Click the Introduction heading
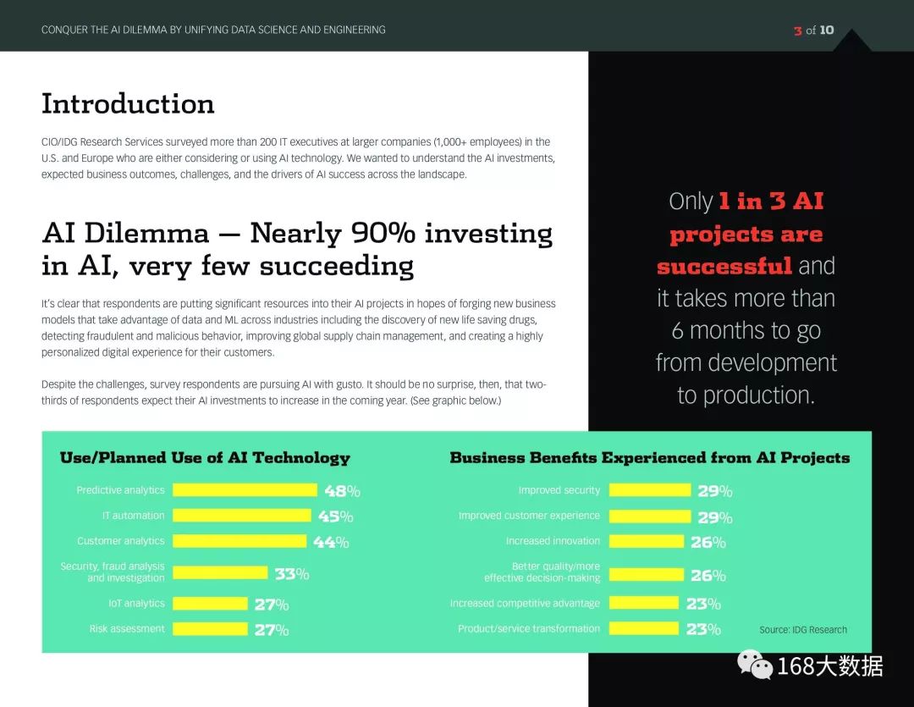tap(128, 104)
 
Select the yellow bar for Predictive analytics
tap(245, 490)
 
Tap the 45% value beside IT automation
tap(336, 516)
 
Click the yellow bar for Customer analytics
tap(240, 541)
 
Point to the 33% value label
tap(292, 574)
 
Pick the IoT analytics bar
tap(211, 603)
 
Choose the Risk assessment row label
tap(127, 629)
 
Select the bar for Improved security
tap(650, 490)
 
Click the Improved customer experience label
tap(529, 516)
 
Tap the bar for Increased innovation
tap(647, 541)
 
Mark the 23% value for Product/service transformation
tap(703, 629)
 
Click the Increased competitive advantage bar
tap(644, 603)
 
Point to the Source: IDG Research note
tap(802, 630)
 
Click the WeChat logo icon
tap(755, 665)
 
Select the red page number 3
tap(797, 30)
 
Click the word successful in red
tap(724, 267)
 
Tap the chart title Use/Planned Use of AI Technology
tap(205, 458)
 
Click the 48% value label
tap(342, 491)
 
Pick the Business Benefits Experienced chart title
tap(649, 458)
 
